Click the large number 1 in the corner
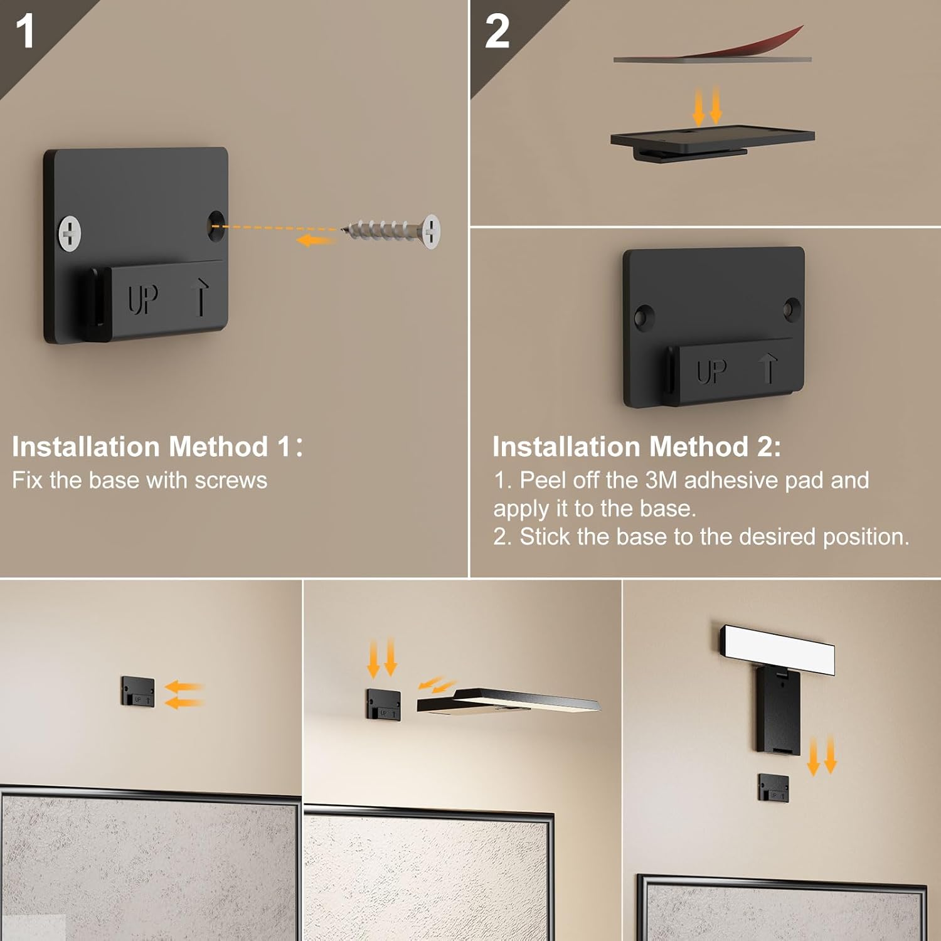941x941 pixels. click(x=25, y=31)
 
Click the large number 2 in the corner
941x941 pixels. click(x=497, y=31)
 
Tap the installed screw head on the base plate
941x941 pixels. click(x=70, y=233)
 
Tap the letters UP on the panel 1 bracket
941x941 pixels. click(x=143, y=299)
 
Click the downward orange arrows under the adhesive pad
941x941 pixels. click(x=707, y=105)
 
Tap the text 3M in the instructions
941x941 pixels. click(x=661, y=481)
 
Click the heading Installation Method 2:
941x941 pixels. click(x=636, y=447)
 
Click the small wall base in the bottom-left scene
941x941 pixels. click(x=138, y=691)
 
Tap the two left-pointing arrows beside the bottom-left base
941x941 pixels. click(x=184, y=695)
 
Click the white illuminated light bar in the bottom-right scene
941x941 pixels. click(x=778, y=649)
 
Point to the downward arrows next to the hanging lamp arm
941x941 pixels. click(x=822, y=756)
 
